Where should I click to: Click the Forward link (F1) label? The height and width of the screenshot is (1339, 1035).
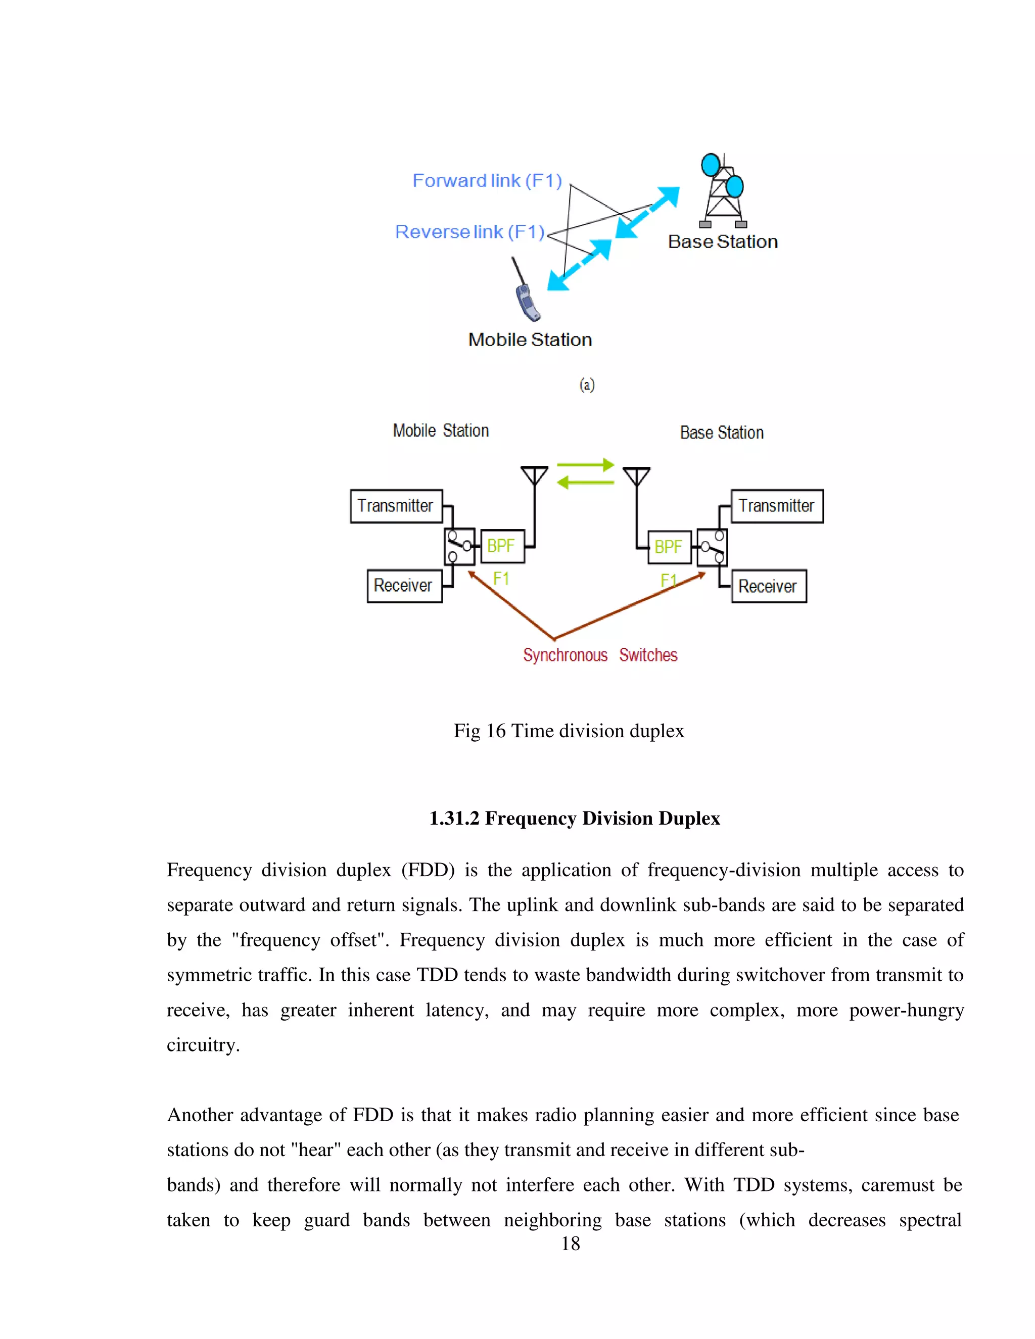[487, 181]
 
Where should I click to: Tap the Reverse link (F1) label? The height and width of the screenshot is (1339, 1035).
[469, 232]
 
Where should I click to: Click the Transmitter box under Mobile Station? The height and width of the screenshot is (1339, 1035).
[396, 506]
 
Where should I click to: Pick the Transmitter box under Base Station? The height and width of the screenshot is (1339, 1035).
[777, 506]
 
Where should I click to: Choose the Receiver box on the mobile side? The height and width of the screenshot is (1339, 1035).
[404, 586]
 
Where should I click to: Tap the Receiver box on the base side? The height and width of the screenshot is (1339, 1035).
[768, 587]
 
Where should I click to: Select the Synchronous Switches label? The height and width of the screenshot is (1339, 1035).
[600, 655]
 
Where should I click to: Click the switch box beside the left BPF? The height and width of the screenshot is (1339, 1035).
[459, 546]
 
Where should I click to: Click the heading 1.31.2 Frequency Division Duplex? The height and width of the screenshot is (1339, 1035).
[575, 819]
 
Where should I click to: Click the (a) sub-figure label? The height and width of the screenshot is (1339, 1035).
[587, 385]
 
